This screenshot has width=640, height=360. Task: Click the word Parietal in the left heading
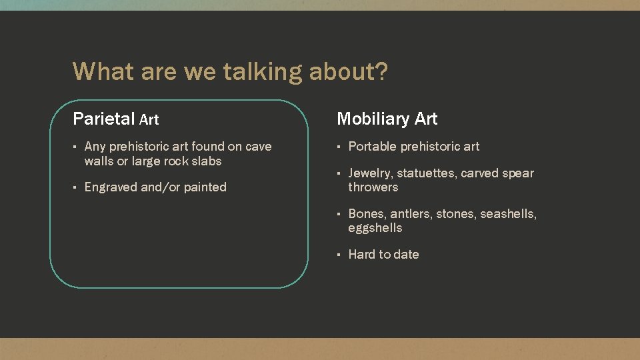(x=104, y=119)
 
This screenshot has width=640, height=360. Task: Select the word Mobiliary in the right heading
(x=373, y=119)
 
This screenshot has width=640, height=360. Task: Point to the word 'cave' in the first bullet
(x=259, y=147)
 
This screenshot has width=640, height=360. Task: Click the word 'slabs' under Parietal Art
(x=205, y=161)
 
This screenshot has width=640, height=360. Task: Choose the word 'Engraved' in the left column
(x=111, y=187)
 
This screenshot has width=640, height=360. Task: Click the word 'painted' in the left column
(x=205, y=187)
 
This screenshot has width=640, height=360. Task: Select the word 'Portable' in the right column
(x=372, y=147)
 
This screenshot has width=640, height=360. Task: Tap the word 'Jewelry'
(x=370, y=173)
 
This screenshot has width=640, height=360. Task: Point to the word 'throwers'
(x=373, y=187)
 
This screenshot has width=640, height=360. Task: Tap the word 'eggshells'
(x=375, y=228)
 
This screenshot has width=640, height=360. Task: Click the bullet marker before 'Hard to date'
(x=339, y=255)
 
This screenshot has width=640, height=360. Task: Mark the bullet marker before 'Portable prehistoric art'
(x=339, y=147)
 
